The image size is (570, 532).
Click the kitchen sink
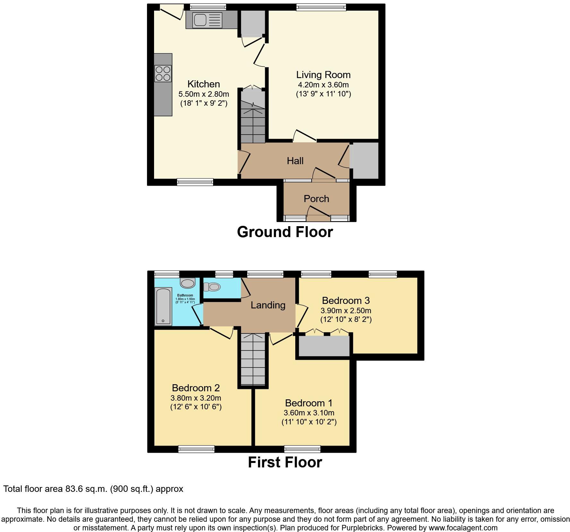coord(200,20)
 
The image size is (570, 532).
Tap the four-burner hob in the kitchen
coord(163,74)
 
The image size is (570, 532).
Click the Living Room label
coord(323,75)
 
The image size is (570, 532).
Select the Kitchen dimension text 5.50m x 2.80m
coord(203,94)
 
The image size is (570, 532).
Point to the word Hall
coord(295,161)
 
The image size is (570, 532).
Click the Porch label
coord(316,199)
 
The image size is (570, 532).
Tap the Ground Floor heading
coord(285,232)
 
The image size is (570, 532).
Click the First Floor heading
coord(285,462)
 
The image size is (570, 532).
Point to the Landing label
coord(268,305)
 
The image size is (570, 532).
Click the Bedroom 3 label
coord(346,300)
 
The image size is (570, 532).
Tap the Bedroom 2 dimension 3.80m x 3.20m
coord(196,398)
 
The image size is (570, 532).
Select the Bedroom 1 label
coord(309,403)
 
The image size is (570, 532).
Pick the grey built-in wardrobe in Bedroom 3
coord(324,346)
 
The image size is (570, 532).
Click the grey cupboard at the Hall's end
coord(366,161)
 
